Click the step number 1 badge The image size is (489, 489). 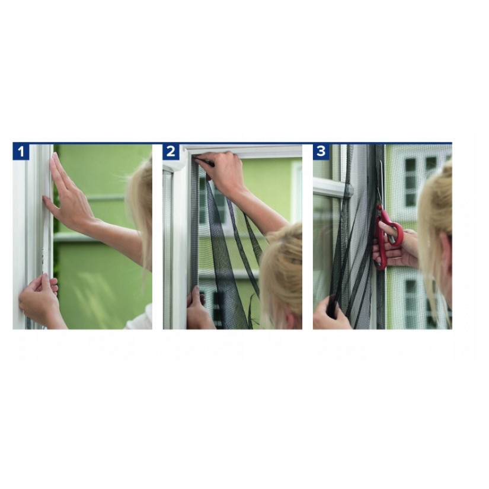point(21,152)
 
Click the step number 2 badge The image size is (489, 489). point(171,152)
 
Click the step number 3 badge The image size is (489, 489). point(321,152)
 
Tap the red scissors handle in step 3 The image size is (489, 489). point(383,237)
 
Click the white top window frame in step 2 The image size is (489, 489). point(243,152)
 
